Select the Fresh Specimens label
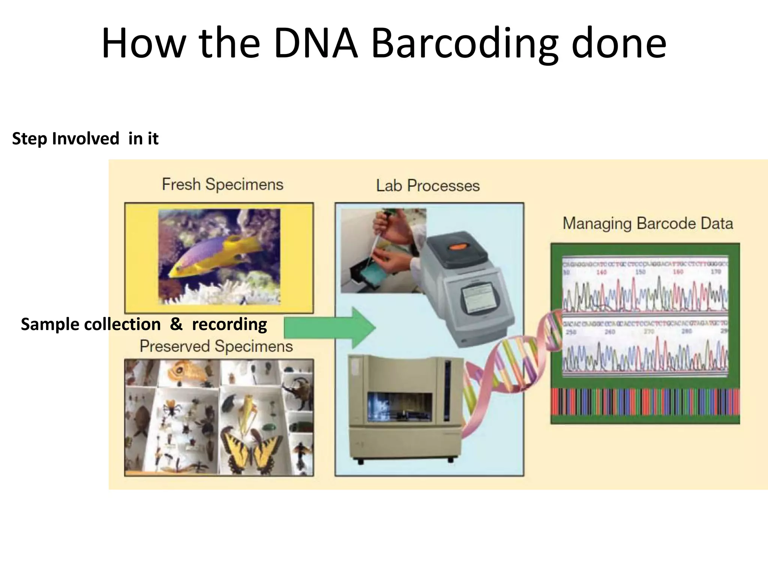click(222, 184)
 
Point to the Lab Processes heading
click(428, 186)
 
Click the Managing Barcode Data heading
click(648, 223)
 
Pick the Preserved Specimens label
click(216, 346)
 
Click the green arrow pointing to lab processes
click(330, 328)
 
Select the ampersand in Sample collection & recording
click(176, 324)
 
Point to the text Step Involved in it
click(85, 139)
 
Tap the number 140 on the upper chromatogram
click(601, 272)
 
